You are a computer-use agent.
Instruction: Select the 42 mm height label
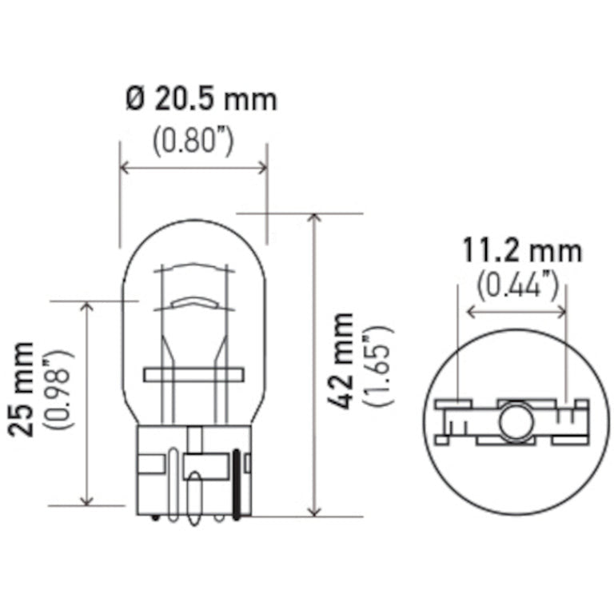click(x=343, y=361)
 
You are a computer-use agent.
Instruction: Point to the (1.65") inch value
click(x=376, y=366)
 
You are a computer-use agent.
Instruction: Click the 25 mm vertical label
click(x=24, y=389)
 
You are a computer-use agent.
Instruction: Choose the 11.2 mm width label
click(x=522, y=251)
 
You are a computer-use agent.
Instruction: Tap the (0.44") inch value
click(x=517, y=285)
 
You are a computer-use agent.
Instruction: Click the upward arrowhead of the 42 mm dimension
click(x=316, y=218)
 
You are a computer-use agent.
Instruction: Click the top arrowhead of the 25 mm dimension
click(x=86, y=306)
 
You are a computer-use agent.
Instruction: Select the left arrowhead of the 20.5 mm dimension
click(x=124, y=168)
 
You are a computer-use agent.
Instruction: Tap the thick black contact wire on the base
click(x=236, y=484)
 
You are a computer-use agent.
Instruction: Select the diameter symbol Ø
click(x=135, y=100)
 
